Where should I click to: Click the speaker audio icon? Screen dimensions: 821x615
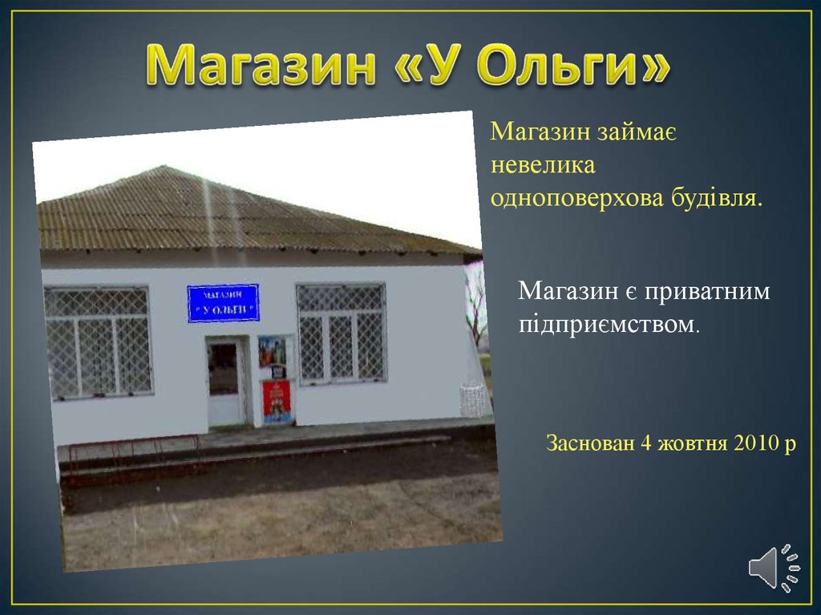[x=774, y=568]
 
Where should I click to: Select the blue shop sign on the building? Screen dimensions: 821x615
[x=223, y=303]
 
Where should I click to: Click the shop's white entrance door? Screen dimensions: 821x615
[x=225, y=382]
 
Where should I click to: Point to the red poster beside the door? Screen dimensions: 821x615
[x=276, y=401]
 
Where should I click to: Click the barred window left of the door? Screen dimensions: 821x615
[x=99, y=342]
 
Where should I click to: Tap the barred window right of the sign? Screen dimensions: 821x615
[x=342, y=334]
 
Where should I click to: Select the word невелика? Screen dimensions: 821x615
[x=543, y=165]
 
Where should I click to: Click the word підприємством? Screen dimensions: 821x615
[x=609, y=325]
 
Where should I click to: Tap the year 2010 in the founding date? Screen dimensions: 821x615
[x=757, y=443]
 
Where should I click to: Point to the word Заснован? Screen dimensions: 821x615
[x=590, y=443]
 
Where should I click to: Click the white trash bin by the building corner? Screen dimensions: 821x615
[x=473, y=399]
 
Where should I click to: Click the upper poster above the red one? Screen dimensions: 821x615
[x=272, y=351]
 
